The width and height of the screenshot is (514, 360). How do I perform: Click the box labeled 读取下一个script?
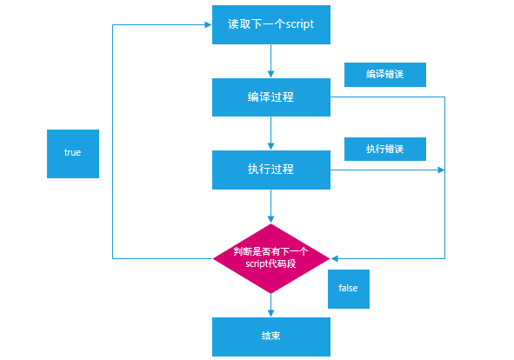[x=271, y=24]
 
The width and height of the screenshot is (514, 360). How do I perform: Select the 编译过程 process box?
[x=271, y=97]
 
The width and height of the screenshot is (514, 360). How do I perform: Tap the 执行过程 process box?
[x=271, y=170]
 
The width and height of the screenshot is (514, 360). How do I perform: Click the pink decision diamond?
[x=271, y=258]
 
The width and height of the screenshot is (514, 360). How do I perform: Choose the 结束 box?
[x=271, y=337]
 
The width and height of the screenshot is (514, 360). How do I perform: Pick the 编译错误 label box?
[x=385, y=75]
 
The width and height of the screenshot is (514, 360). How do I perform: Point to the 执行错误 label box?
[x=385, y=150]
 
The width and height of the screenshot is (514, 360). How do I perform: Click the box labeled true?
[x=73, y=154]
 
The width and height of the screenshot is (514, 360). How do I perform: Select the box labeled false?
[x=349, y=289]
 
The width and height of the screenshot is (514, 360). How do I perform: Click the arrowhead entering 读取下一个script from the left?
[x=208, y=24]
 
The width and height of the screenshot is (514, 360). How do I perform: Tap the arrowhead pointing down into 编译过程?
[x=270, y=74]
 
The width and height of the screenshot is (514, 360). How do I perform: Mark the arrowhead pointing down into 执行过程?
[x=270, y=146]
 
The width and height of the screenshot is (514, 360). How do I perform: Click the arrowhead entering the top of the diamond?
[x=270, y=219]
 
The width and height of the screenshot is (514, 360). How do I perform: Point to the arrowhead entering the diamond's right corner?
[x=334, y=258]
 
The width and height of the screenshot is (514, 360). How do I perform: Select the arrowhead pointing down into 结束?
[x=270, y=313]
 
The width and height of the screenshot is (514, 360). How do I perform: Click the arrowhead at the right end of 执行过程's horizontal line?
[x=441, y=170]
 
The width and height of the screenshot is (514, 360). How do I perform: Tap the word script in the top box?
[x=299, y=24]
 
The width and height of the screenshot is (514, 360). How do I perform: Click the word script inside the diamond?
[x=257, y=264]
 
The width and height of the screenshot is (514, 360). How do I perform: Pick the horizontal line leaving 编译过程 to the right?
[x=388, y=97]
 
